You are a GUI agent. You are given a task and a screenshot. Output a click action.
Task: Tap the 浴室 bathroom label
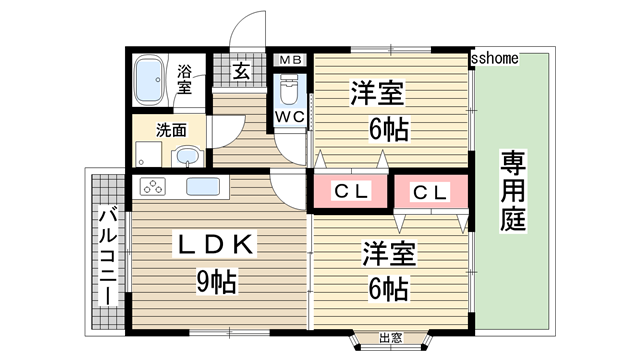185,79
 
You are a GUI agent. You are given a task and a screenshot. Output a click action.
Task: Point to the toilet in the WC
289,92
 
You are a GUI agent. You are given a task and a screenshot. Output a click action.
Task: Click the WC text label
289,116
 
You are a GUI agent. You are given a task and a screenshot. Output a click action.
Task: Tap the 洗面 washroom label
171,129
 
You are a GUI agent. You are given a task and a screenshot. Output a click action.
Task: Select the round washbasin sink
186,156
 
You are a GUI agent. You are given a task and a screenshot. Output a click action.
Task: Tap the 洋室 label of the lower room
377,252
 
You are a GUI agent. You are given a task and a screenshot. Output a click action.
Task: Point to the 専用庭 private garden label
513,190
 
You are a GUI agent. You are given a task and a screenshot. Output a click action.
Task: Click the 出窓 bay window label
391,338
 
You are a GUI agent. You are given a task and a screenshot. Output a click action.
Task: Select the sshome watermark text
494,58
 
